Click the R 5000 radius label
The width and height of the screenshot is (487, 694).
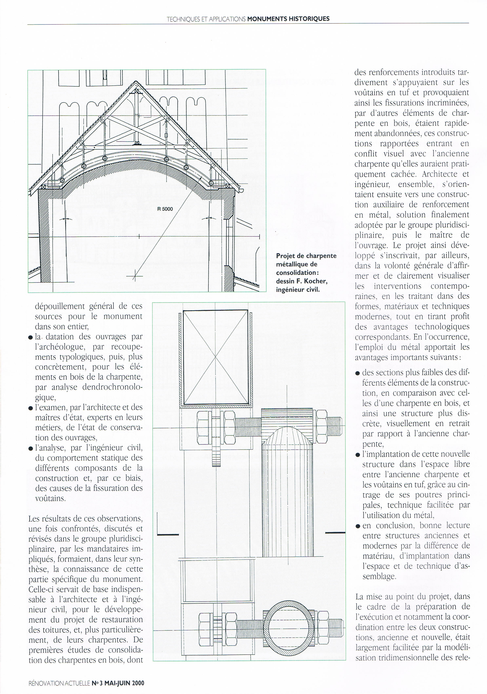point(165,209)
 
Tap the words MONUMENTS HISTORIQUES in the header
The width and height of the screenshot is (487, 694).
point(288,19)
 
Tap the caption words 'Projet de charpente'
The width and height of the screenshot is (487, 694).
point(306,256)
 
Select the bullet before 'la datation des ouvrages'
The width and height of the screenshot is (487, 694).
point(31,338)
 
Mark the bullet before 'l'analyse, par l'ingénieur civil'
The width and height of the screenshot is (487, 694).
point(31,448)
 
